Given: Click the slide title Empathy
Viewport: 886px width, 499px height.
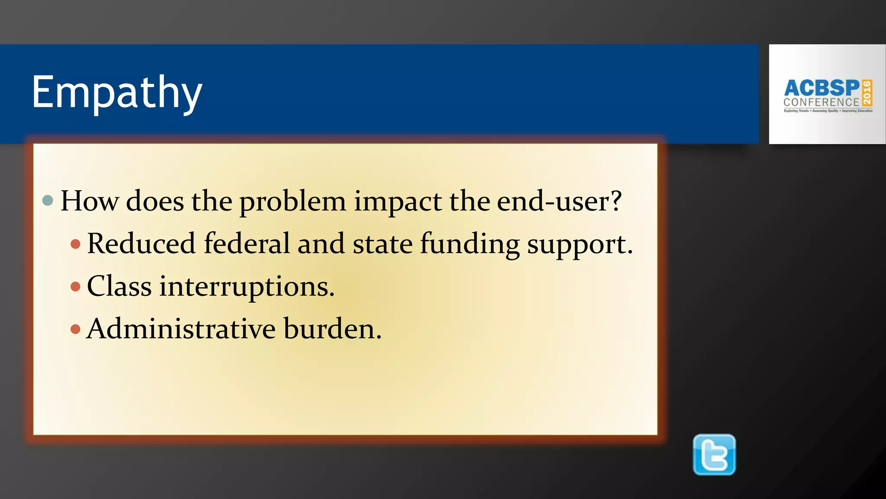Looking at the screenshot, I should point(117,92).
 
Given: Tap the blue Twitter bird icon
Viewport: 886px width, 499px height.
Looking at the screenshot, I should point(714,455).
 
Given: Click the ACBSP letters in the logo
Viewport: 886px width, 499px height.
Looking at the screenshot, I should point(822,88).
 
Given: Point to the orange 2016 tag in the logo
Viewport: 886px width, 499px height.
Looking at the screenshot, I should point(867,93).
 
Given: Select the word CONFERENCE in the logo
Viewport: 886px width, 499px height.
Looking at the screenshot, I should point(821,103).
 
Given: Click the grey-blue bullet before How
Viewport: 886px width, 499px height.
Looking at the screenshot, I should point(48,200).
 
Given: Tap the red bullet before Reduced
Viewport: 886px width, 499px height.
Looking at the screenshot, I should point(76,244).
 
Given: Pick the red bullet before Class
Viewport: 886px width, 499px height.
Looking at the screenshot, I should point(76,286).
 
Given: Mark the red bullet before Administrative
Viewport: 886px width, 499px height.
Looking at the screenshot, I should point(76,329).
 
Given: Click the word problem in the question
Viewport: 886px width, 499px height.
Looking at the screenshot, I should point(292,202).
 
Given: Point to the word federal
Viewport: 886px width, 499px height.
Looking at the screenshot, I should point(247,243).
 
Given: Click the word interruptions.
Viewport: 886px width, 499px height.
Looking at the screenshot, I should point(247,287).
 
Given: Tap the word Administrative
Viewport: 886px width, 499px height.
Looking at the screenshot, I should point(181,329).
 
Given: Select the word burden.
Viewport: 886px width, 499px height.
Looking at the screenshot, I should point(332,329).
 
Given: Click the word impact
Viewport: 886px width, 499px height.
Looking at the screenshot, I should point(398,202).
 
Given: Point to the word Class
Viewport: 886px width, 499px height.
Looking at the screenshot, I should point(119,286).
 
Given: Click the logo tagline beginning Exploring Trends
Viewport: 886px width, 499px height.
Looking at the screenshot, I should point(828,111).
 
